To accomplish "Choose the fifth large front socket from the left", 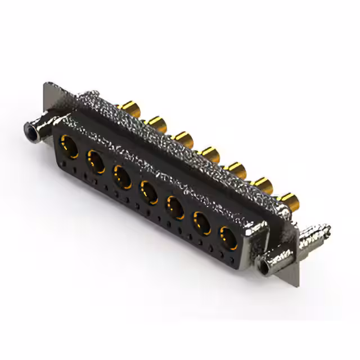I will tap(175, 208).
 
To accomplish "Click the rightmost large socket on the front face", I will tap(228, 238).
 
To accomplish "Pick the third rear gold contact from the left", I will tap(183, 138).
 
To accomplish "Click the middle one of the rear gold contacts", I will tap(210, 153).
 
